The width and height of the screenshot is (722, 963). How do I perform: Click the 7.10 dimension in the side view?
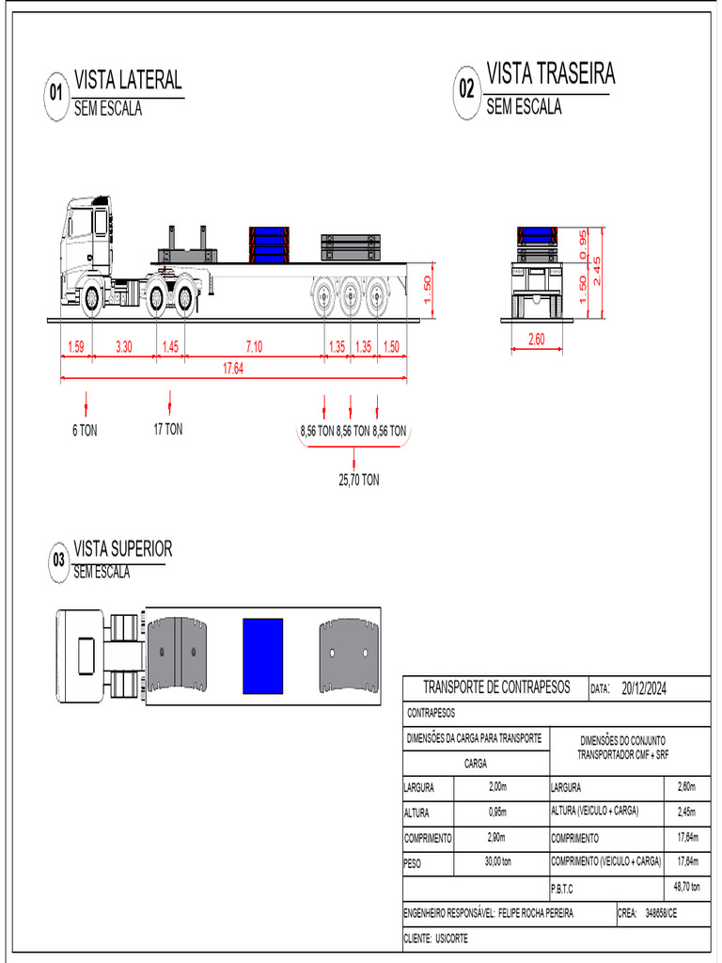coord(254,347)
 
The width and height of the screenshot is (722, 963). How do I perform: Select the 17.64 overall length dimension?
coord(233,369)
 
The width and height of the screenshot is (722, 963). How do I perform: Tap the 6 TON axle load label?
coord(85,430)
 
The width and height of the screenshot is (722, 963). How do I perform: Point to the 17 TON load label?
coord(168,430)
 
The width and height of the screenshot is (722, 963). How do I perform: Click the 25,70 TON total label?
coord(358,480)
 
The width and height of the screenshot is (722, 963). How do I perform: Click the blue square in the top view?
coord(263,656)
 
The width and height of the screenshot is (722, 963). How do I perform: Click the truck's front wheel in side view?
coord(91,298)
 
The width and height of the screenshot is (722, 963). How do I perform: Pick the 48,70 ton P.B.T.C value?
coord(687,887)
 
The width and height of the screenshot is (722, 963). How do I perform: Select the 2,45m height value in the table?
coord(687,812)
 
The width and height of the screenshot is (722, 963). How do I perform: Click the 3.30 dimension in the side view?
coord(123,347)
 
